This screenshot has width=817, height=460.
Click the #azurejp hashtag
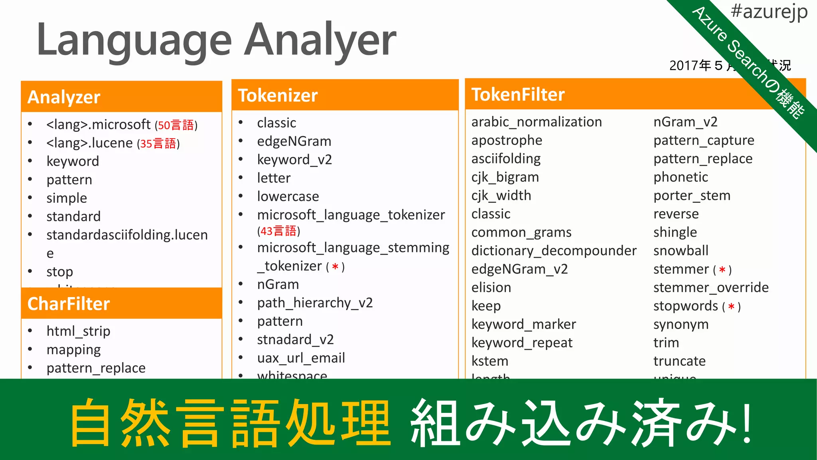(769, 12)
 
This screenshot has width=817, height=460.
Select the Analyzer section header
(64, 97)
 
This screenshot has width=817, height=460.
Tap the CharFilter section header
(69, 304)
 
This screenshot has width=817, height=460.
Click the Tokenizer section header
(278, 95)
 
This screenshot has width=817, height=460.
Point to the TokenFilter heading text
(518, 95)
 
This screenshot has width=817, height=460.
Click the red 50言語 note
(176, 125)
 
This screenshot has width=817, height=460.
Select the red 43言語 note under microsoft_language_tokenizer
(278, 231)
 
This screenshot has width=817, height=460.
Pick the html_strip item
(78, 331)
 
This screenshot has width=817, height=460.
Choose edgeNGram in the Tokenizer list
(294, 141)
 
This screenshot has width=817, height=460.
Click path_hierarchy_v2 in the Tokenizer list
(315, 303)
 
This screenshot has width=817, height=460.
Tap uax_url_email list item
(301, 358)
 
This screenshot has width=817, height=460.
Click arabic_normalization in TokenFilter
(537, 122)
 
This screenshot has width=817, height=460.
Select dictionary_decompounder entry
(554, 251)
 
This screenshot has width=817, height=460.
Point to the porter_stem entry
(692, 196)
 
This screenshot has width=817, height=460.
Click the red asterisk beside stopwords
(731, 307)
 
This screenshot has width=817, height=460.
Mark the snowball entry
(681, 251)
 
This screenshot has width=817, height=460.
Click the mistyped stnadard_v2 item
(295, 339)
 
